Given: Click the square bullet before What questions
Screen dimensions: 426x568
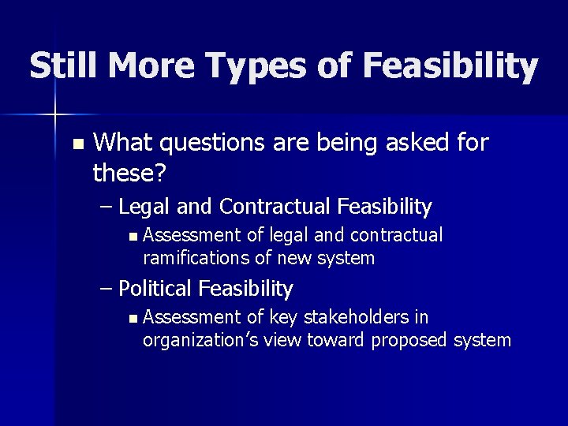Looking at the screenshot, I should coord(77,144).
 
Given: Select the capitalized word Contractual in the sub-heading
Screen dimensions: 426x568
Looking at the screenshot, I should coord(275,207).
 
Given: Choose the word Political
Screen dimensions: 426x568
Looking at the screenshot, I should coord(155,289).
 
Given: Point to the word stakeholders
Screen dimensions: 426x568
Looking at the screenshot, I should coord(353,317).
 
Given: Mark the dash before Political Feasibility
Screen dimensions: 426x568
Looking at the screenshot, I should coord(107,289).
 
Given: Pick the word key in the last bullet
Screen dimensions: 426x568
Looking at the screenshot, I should coord(282,317).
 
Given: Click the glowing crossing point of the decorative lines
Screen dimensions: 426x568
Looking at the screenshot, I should coord(54,115).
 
